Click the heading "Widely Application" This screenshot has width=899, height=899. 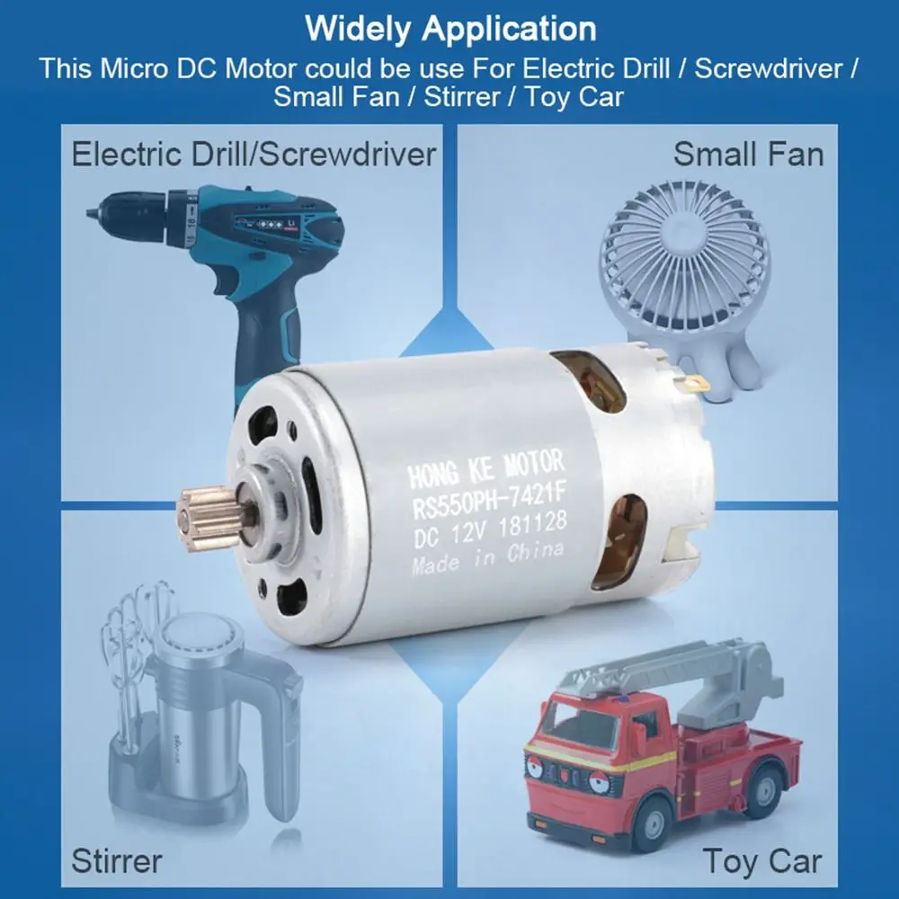pos(449,28)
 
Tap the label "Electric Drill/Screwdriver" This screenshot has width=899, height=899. pos(253,154)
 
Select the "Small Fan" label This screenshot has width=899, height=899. pos(748,154)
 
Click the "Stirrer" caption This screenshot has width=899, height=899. pos(117,860)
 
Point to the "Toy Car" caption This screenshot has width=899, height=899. pos(762,860)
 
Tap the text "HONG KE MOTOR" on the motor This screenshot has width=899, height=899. pos(486,467)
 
